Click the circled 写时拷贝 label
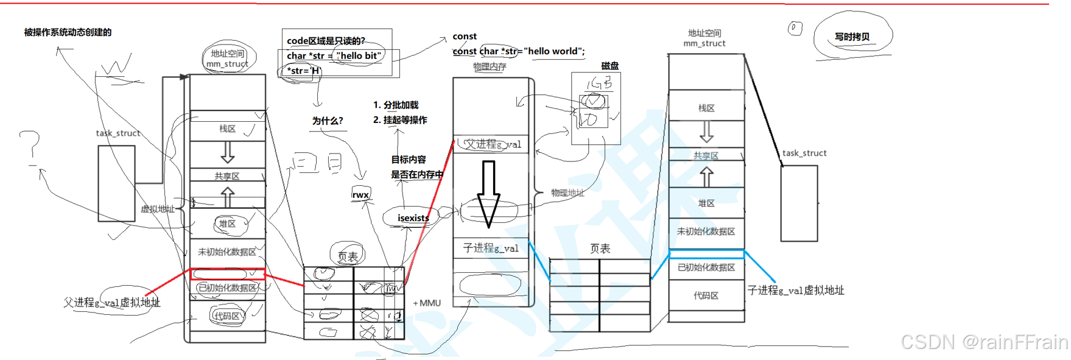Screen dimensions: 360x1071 point(852,37)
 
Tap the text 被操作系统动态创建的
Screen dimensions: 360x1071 point(68,32)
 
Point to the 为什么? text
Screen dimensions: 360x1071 point(327,121)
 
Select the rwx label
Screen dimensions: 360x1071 point(360,195)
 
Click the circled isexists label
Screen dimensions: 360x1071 point(413,217)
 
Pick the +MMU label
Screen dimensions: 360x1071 point(427,303)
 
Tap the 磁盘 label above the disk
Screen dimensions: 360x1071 point(609,66)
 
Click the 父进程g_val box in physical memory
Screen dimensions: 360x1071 point(491,144)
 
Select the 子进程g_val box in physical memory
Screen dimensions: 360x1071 point(491,248)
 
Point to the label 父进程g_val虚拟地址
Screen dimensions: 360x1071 point(112,302)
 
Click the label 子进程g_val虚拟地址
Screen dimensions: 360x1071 point(796,291)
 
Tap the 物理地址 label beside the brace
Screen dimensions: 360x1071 point(567,192)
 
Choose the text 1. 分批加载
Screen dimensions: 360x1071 point(396,105)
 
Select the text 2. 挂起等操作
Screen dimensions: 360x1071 point(400,120)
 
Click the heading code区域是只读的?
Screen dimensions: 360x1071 point(326,41)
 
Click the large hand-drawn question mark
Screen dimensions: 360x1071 point(30,146)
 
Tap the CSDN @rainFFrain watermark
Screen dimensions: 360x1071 point(984,342)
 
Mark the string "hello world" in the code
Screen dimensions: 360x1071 point(553,51)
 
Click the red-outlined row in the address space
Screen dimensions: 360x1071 point(228,274)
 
